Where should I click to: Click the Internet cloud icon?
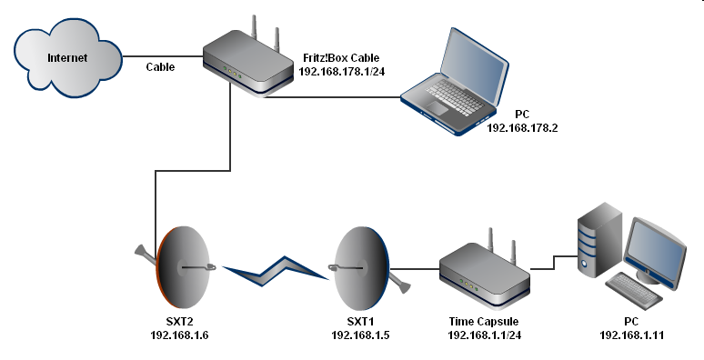point(68,59)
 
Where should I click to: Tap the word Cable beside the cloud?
point(161,67)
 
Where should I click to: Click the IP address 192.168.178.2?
point(522,128)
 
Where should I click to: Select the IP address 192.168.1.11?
point(632,335)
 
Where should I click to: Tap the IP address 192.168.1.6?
point(178,335)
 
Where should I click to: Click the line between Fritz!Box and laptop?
point(337,98)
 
